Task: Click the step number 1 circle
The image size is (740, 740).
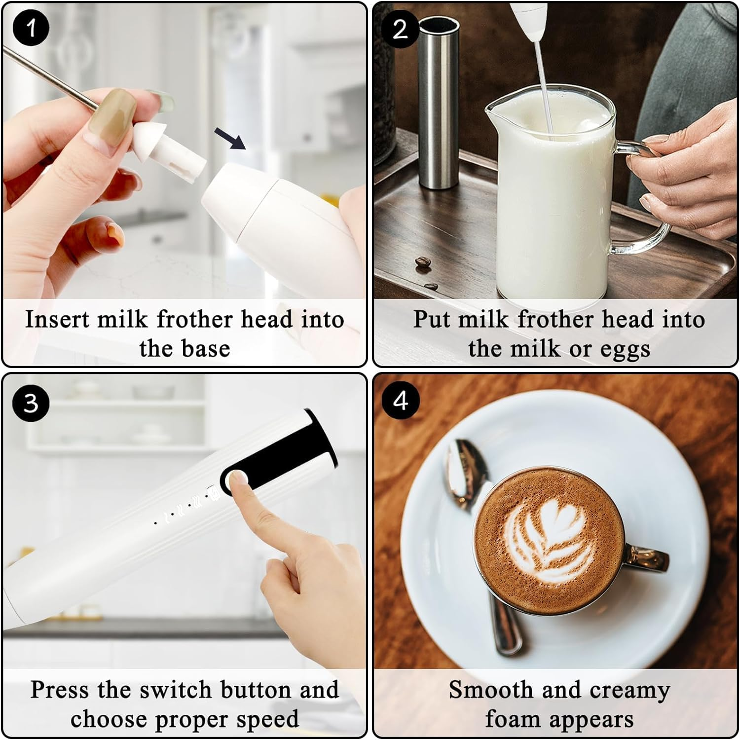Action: pos(31,28)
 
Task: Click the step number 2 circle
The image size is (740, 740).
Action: pos(400,29)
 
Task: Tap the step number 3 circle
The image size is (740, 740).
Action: pos(31,403)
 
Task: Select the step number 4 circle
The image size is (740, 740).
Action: pos(400,401)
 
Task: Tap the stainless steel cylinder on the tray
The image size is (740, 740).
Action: pos(438,104)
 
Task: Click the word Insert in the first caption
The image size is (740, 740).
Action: pos(57,319)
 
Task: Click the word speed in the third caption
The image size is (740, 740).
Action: pos(267,719)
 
